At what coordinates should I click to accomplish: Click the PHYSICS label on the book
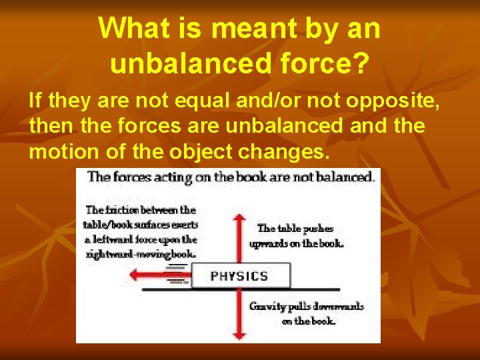(x=239, y=276)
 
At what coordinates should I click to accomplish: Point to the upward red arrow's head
(x=238, y=217)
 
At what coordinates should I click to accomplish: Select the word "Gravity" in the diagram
(x=266, y=307)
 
